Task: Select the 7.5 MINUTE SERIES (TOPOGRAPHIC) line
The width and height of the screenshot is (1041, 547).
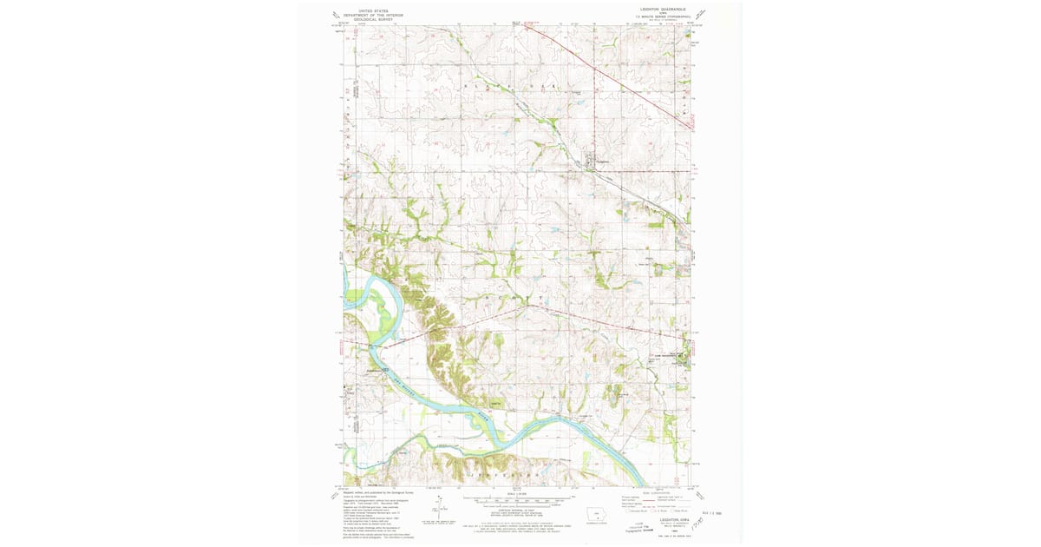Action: (x=662, y=16)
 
